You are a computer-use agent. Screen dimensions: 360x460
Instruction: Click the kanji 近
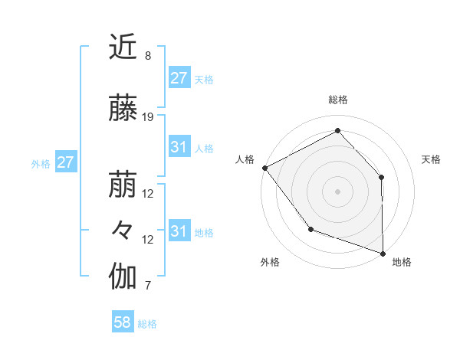pos(123,47)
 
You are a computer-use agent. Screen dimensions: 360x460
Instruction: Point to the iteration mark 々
pos(123,231)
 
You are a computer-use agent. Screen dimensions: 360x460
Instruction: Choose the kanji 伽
pos(123,277)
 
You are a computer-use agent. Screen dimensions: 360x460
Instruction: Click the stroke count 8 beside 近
pos(147,56)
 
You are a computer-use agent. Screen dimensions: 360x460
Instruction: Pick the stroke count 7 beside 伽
pos(147,286)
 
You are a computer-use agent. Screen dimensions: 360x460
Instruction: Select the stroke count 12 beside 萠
pos(148,194)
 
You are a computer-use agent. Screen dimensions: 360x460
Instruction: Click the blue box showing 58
pos(123,322)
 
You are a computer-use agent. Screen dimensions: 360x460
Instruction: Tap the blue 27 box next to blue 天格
pos(179,78)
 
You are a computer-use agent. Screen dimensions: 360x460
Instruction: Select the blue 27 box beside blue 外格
pos(66,162)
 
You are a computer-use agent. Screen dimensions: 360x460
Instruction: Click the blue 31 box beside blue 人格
pos(179,147)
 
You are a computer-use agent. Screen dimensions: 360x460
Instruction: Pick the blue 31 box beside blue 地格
pos(179,231)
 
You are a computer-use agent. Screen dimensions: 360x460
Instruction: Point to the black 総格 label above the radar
pos(337,100)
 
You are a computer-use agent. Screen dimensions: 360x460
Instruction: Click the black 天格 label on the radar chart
pos(431,159)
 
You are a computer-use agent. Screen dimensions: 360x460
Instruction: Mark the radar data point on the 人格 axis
pos(264,168)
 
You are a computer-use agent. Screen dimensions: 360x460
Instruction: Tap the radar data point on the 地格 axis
pos(383,252)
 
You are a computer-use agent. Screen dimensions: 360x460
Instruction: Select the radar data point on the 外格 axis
pos(310,229)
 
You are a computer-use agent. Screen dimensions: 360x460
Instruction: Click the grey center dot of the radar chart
pos(337,191)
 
